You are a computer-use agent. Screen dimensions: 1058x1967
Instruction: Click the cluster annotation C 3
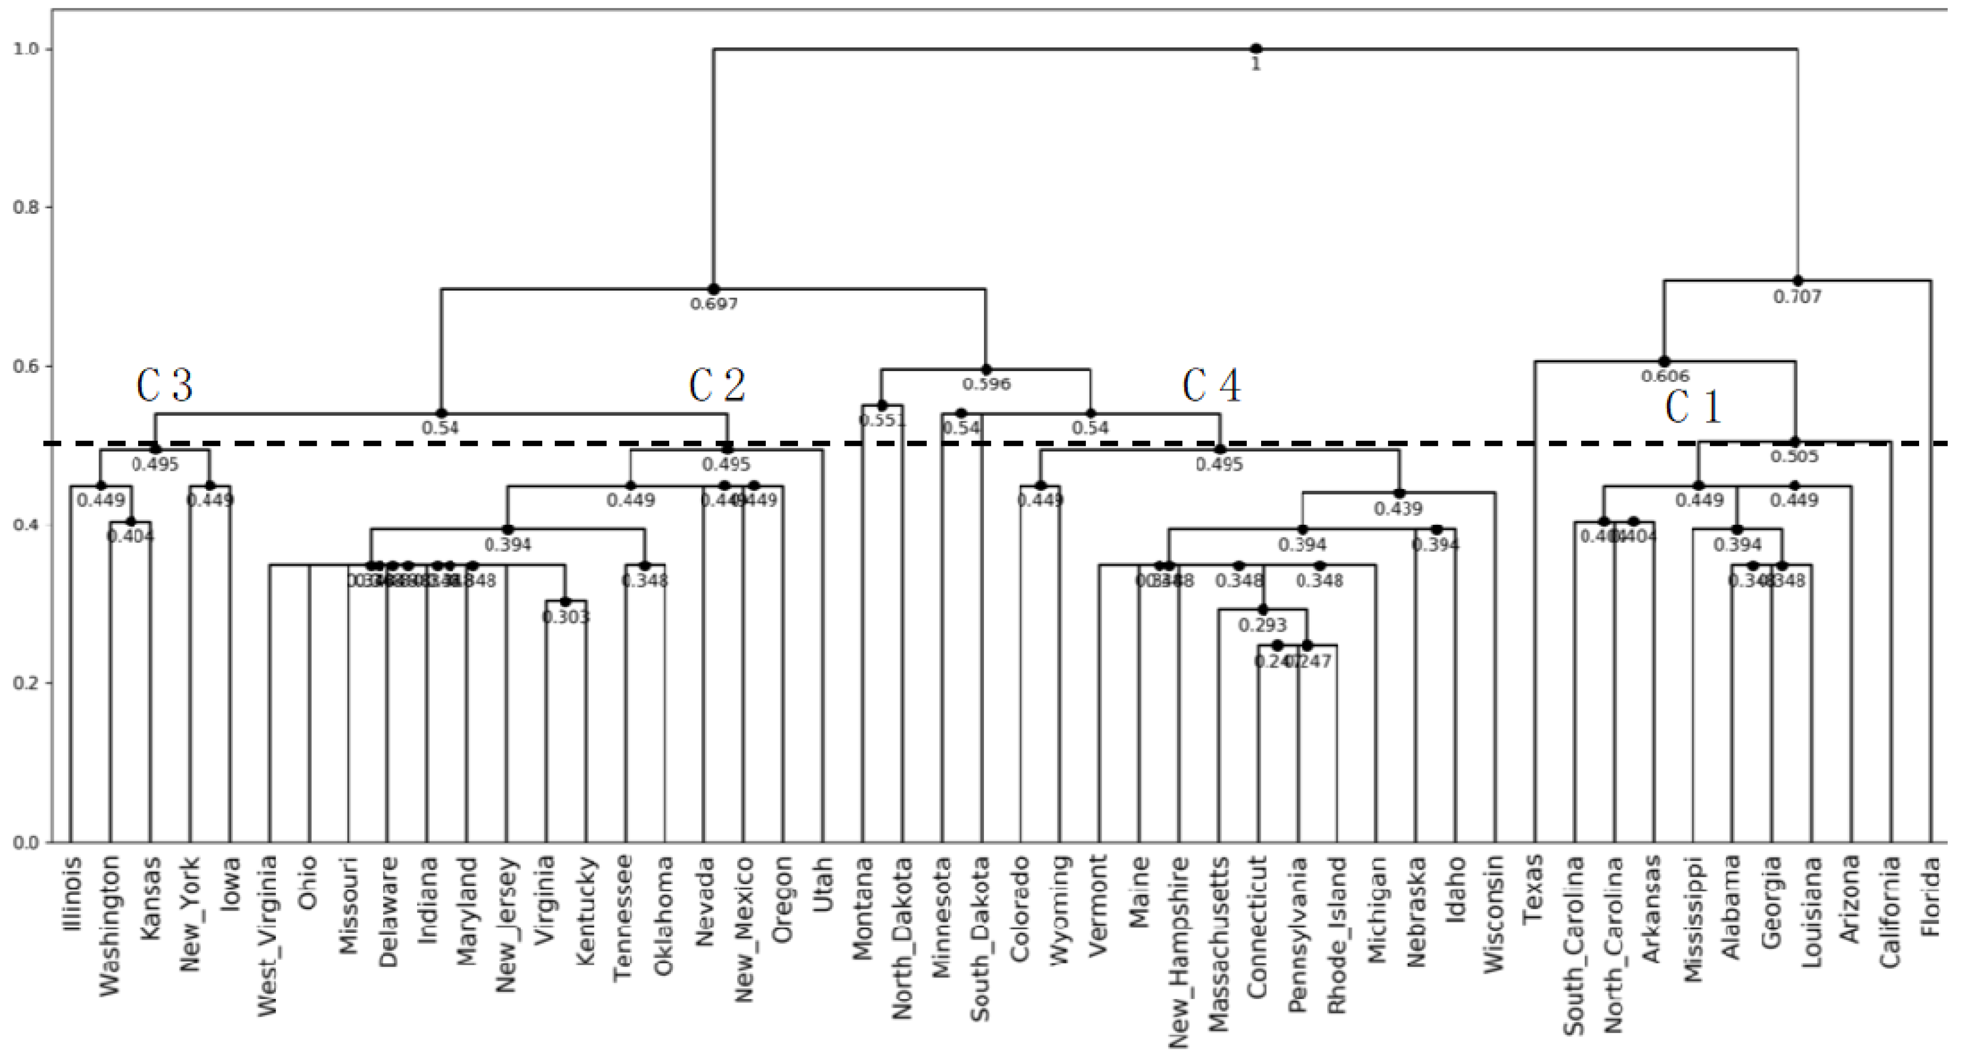tap(164, 385)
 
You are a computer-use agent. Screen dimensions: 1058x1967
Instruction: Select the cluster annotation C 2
tap(716, 385)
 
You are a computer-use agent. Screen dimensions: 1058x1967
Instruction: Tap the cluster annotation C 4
tap(1211, 385)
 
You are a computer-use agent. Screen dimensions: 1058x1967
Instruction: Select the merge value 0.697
tap(714, 304)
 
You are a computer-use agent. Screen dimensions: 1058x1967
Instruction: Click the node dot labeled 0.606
tap(1665, 361)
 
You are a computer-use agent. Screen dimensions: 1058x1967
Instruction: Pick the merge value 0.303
tap(566, 617)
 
